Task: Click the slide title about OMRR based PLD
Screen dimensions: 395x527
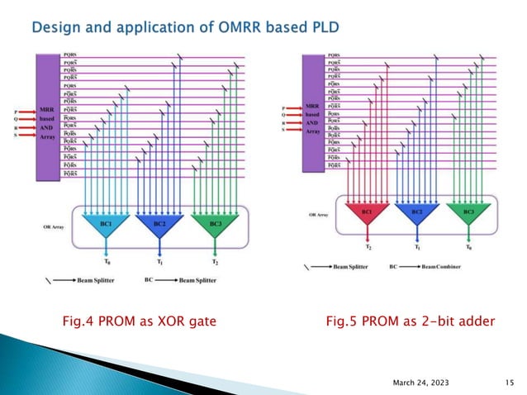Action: [x=185, y=31]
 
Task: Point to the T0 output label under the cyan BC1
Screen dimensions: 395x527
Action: [x=107, y=261]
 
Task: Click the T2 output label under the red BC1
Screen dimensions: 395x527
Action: [x=368, y=247]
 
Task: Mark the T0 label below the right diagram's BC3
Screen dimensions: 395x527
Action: [x=468, y=247]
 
